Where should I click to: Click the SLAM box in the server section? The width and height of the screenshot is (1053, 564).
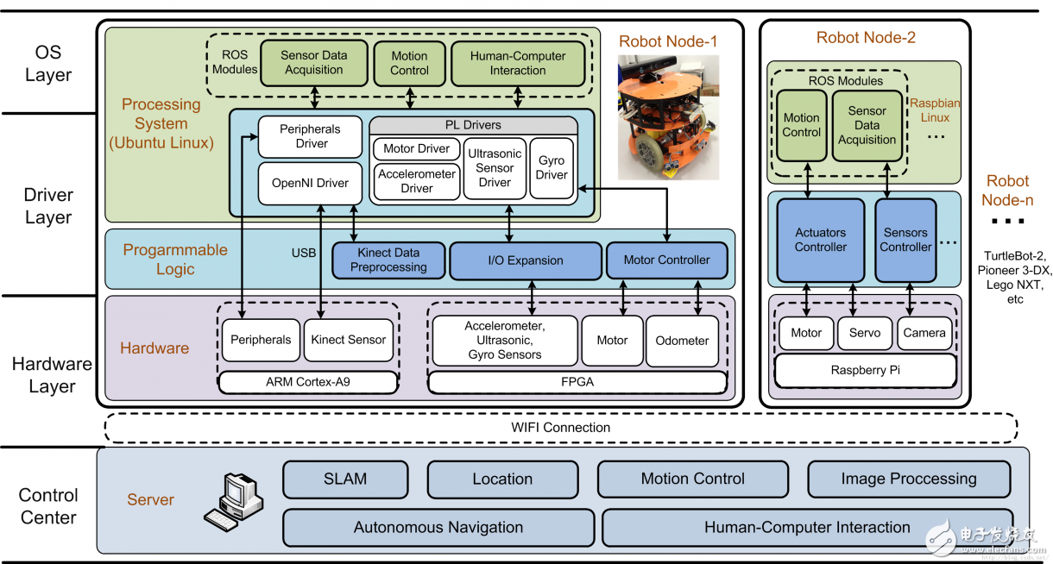coord(345,479)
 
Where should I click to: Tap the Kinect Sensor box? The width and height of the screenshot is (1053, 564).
coord(349,340)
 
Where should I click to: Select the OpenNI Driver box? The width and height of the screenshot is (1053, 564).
coord(310,183)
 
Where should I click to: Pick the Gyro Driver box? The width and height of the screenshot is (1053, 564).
coord(552,167)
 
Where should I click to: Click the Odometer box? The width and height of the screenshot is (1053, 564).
coord(682,340)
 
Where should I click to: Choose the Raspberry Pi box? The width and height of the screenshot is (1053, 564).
coord(866,370)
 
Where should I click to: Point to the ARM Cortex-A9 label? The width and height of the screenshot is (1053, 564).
coord(308,380)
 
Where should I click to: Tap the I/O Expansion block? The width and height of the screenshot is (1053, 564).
coord(525,260)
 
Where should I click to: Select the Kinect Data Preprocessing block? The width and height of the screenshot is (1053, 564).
coord(388,260)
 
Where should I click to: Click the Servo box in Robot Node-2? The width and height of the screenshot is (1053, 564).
coord(865,333)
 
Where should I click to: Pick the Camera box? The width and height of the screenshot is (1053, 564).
coord(924,333)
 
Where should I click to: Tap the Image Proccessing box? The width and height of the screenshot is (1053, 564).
coord(908,479)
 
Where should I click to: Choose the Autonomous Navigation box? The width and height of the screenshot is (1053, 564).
coord(438,527)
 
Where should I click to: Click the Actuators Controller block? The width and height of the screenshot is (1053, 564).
coord(820,240)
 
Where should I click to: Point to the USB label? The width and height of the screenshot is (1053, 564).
coord(304,254)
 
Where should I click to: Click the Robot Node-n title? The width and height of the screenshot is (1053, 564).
coord(1007,191)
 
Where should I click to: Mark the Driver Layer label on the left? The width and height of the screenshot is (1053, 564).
coord(48,206)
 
